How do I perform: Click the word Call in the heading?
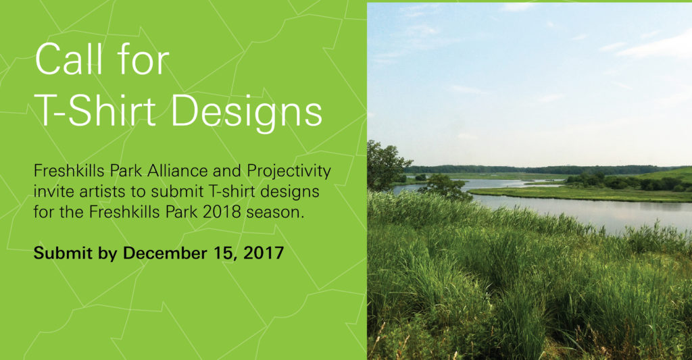click(69, 59)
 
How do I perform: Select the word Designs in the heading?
click(247, 114)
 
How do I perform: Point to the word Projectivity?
click(289, 172)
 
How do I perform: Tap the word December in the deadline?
click(165, 253)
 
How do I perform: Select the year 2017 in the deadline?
click(264, 253)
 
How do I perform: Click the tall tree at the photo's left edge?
click(384, 166)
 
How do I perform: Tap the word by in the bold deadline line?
click(107, 254)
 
